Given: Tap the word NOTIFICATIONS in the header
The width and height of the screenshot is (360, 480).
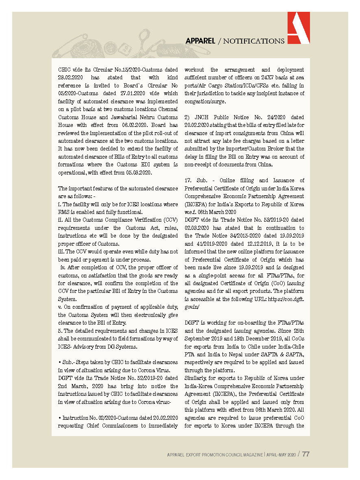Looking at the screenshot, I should click(254, 41).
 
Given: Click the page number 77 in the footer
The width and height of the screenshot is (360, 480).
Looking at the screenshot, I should click(305, 454).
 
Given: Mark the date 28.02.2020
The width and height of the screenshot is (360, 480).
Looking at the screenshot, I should click(71, 77).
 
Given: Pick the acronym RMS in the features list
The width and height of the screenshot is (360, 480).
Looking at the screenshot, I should click(65, 212).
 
